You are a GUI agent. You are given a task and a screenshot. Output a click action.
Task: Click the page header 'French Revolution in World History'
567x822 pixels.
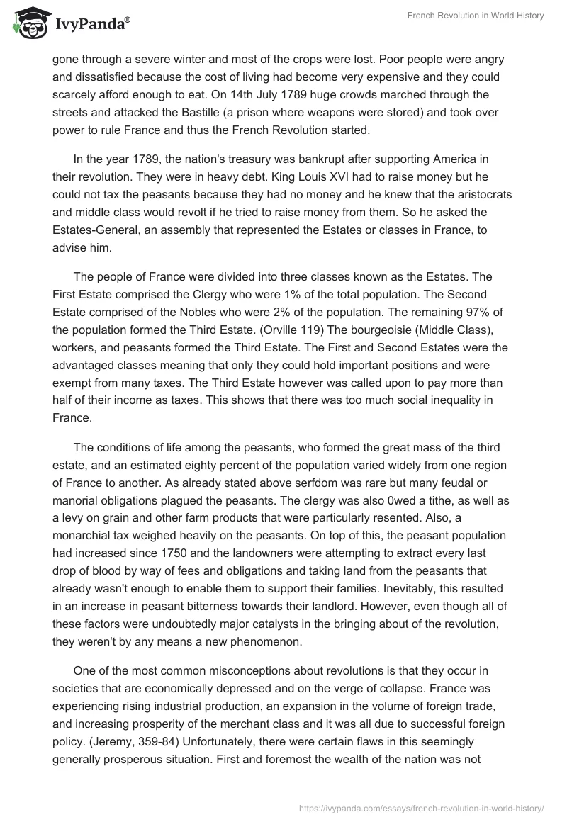point(476,16)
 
